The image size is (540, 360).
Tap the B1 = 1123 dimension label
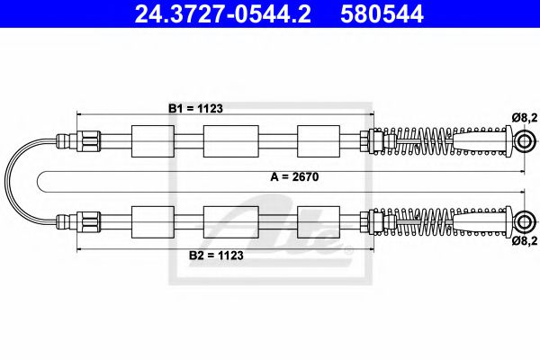(195, 108)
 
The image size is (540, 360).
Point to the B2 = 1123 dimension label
(195, 255)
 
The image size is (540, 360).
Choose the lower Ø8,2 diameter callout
(524, 241)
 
